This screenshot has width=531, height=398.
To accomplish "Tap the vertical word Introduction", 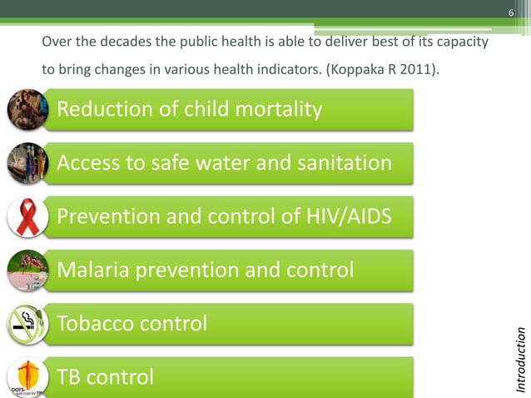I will point(521,360).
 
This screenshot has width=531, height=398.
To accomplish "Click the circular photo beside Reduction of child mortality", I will point(27,109).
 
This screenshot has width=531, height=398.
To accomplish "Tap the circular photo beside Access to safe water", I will point(27,163).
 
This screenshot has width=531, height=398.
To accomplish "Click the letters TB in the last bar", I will point(69,377).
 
